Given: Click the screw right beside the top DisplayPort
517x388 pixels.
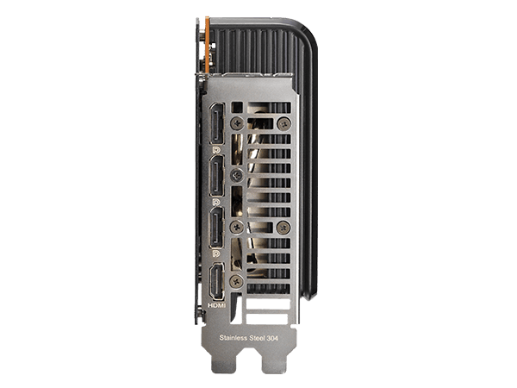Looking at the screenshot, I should click(x=236, y=123).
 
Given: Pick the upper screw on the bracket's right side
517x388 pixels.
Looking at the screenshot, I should click(x=285, y=123).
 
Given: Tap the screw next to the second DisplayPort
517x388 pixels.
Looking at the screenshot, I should click(x=237, y=175).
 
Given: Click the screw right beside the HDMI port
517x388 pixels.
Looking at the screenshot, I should click(x=237, y=280).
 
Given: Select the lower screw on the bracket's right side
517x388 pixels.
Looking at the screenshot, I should click(x=285, y=228).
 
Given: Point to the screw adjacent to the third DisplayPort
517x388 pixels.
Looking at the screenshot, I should click(x=237, y=228).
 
